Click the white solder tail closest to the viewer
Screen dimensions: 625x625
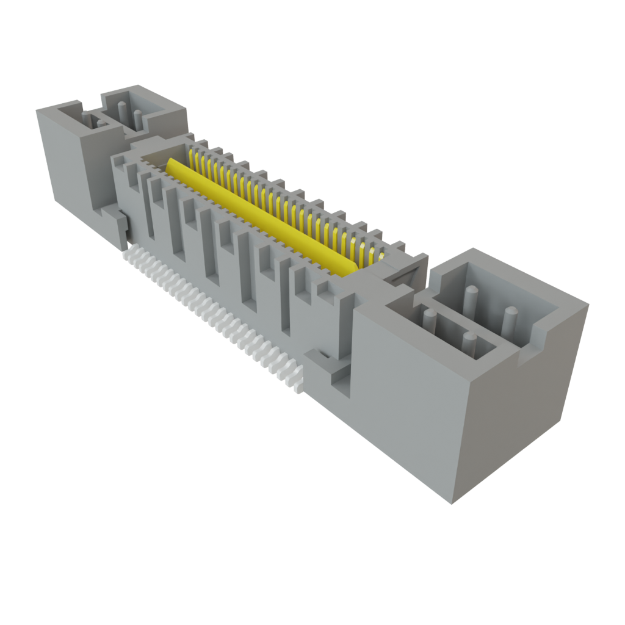point(297,385)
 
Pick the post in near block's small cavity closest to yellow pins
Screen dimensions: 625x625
point(429,321)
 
